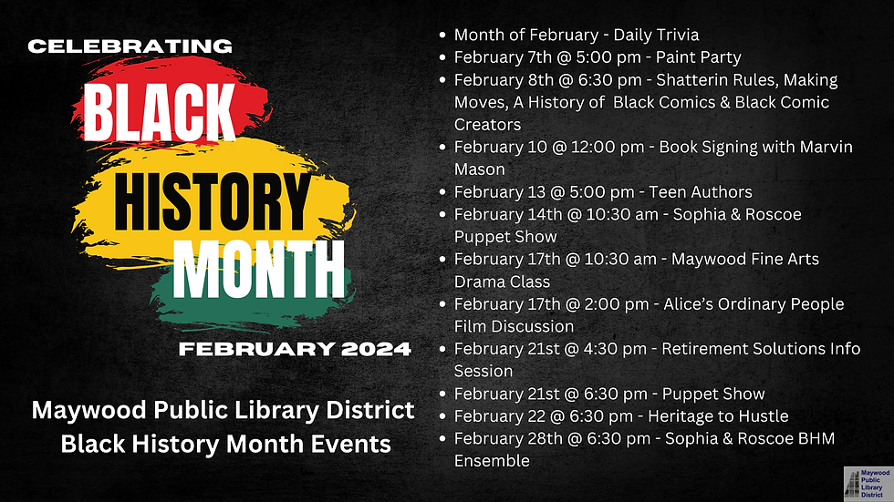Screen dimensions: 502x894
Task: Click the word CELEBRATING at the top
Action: tap(130, 46)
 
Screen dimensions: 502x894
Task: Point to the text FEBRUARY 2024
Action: tap(295, 349)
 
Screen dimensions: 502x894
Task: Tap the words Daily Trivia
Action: tap(656, 36)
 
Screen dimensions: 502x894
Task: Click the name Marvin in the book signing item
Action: tap(822, 147)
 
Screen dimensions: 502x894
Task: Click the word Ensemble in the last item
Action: tap(492, 461)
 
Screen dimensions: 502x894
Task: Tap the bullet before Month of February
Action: tap(442, 36)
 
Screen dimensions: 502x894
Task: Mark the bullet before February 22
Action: tap(442, 416)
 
